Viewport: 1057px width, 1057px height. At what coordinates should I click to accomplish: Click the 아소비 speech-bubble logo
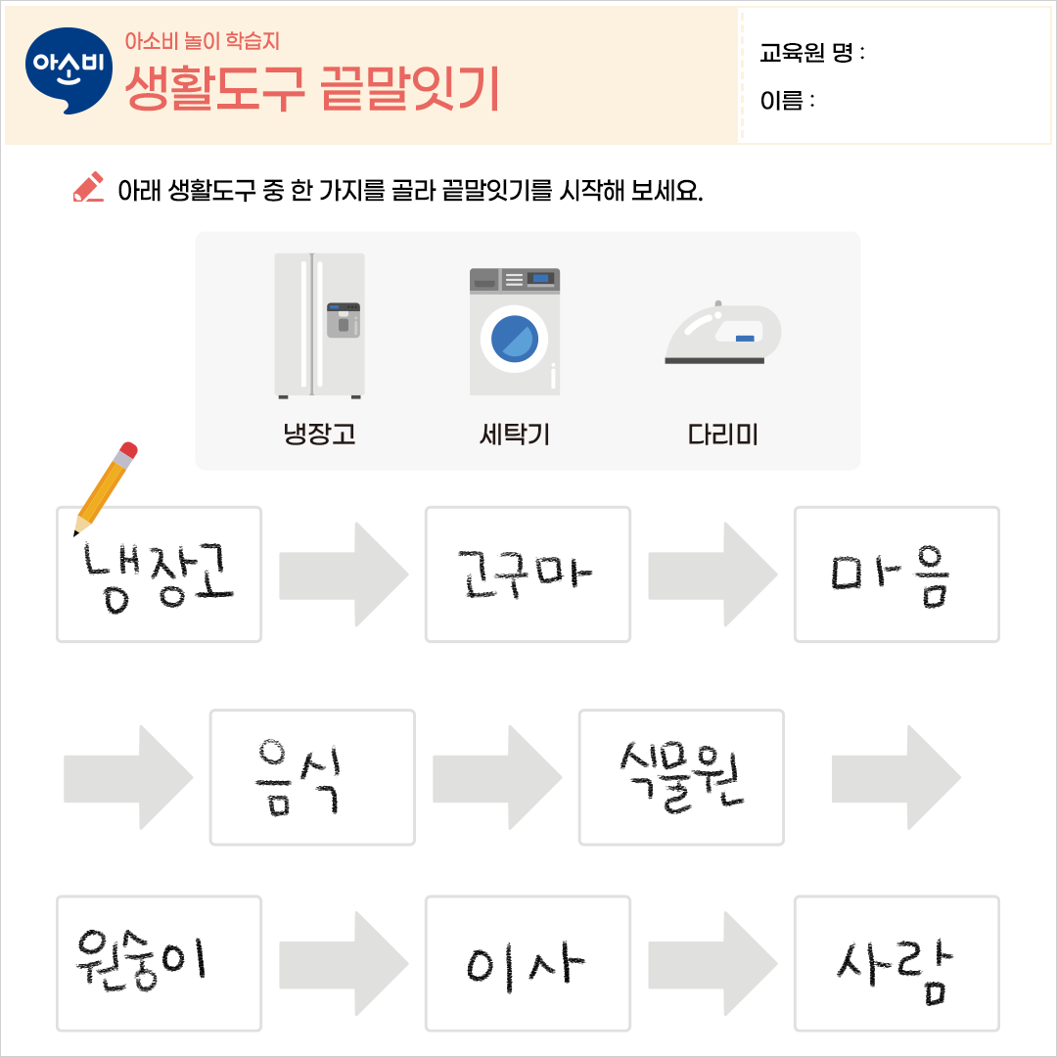(x=69, y=70)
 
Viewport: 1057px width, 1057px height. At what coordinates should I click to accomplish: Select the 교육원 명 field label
(x=811, y=53)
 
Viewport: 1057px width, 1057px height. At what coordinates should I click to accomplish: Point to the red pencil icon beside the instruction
(x=88, y=188)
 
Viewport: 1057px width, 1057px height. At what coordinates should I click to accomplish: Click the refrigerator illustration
(x=319, y=325)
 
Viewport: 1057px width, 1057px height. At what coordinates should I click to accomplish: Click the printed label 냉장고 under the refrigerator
(x=319, y=434)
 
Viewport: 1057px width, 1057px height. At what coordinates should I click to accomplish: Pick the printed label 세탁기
(x=515, y=434)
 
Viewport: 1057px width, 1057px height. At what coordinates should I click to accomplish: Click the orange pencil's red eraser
(x=126, y=453)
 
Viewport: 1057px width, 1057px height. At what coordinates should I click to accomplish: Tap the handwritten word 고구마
(x=527, y=575)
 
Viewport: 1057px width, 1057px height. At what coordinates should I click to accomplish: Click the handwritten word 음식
(x=298, y=775)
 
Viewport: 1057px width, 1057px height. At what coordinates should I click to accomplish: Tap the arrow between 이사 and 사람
(x=712, y=964)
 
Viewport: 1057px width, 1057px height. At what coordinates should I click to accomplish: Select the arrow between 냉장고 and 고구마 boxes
(x=343, y=574)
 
